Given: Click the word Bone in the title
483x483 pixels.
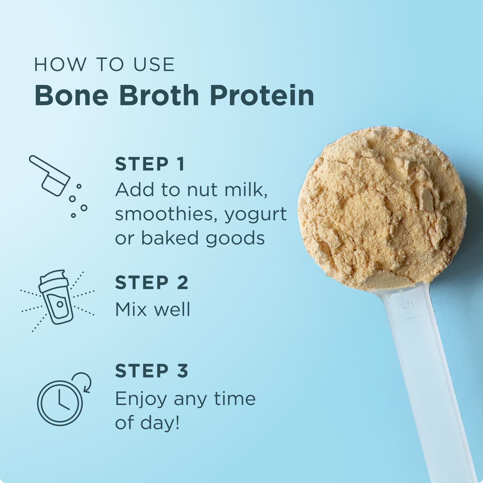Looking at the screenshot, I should tap(71, 96).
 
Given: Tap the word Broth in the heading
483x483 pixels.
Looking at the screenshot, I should tap(159, 96).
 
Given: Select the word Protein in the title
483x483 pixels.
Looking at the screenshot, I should tap(262, 96).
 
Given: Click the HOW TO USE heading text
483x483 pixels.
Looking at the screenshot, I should tap(104, 65).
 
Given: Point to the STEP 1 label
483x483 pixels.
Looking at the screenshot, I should tap(150, 164).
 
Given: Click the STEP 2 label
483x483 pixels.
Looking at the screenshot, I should tap(151, 283).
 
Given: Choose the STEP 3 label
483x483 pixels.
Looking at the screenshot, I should tap(151, 371).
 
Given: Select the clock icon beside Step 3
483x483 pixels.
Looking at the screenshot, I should tap(60, 403).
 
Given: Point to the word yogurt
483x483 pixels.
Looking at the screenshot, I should tap(256, 214).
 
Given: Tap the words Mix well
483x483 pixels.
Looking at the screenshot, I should tap(152, 310).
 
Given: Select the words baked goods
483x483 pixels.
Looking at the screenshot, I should tap(203, 238).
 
